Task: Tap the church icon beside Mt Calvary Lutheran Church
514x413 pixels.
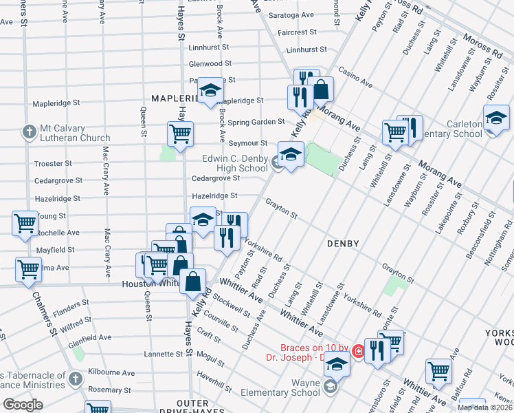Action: pos(29,131)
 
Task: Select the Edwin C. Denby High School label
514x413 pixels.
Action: pos(234,163)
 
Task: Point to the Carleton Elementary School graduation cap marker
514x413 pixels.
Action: pos(496,118)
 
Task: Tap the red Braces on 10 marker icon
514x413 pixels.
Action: pos(358,352)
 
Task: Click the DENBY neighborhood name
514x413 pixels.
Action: pos(344,244)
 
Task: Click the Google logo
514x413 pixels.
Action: pos(23,404)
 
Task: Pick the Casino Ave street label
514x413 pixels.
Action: pos(357,77)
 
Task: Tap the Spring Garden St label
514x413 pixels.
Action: pos(256,122)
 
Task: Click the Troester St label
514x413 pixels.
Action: pos(53,164)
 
